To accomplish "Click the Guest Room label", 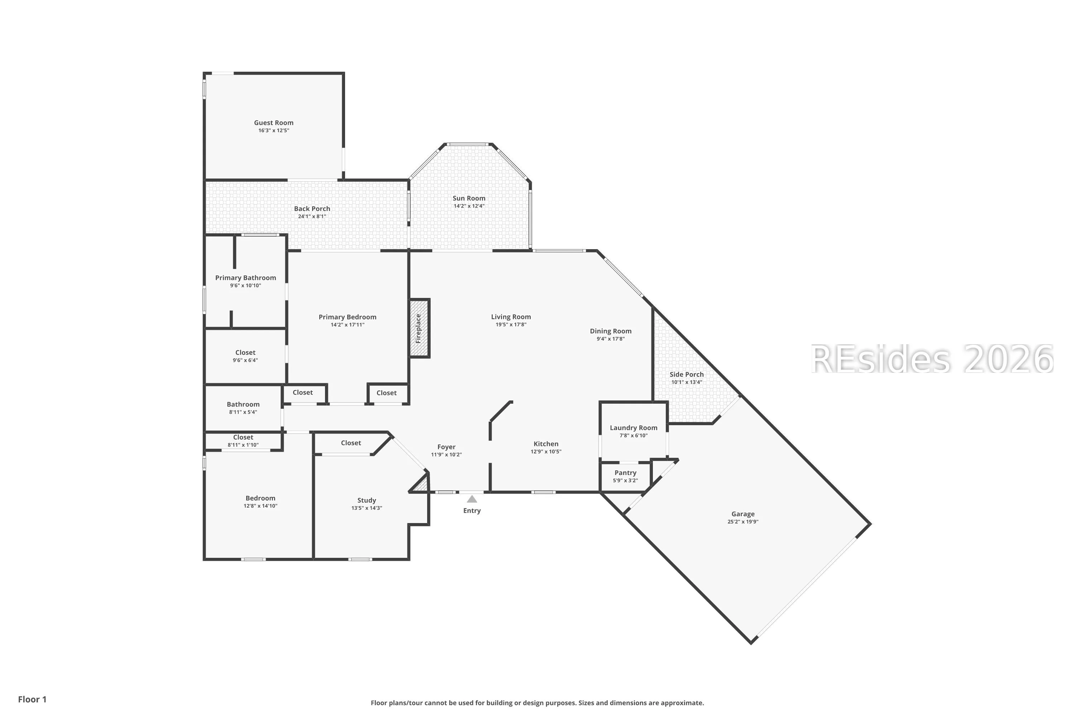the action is (273, 123).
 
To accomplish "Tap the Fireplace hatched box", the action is (419, 328).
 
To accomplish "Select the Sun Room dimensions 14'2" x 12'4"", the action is (469, 206).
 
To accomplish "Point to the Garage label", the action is (743, 514).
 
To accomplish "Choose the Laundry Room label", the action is (634, 428).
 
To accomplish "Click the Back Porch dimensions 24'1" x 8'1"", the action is (312, 216).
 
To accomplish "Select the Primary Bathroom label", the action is (245, 277).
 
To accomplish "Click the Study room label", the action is (367, 500).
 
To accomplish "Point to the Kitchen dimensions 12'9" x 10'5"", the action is (546, 451).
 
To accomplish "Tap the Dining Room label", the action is (610, 331).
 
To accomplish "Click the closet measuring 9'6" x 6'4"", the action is (245, 356).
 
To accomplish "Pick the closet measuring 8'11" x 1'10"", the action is (243, 441).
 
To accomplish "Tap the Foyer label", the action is (446, 447).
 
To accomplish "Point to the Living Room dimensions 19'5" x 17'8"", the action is (511, 325).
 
